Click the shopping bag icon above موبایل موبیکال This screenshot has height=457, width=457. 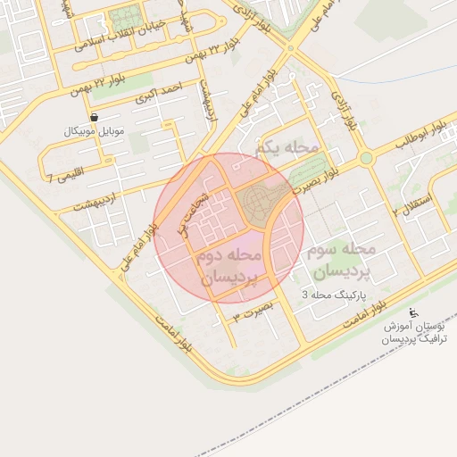[95, 117]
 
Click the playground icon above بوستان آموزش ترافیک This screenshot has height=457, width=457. [412, 312]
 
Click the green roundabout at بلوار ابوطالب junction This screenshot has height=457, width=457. [365, 159]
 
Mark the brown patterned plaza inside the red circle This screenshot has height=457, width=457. [259, 204]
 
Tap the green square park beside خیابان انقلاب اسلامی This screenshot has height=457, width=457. [126, 17]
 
